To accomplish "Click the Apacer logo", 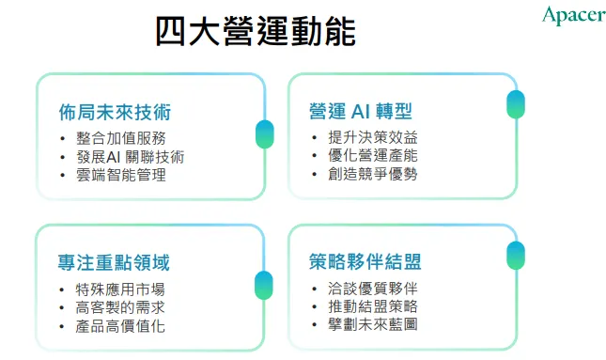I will [572, 15].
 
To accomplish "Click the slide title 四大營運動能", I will [255, 33].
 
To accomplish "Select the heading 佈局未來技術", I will [114, 113].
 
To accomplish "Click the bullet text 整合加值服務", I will [120, 138].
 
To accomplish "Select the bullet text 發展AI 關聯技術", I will [130, 156].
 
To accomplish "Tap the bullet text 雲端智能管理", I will [120, 175].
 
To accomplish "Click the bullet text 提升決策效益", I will [371, 138].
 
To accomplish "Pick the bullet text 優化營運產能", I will [371, 156].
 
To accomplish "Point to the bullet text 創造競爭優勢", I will [371, 175].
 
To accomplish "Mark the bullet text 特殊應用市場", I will [120, 290].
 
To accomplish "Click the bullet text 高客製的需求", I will [120, 307].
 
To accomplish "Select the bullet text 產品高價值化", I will [120, 326].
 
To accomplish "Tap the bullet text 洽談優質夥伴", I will [371, 290].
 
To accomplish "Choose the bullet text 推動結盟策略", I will [371, 307].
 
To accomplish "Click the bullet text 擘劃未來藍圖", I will [371, 326].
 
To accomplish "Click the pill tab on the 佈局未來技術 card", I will [264, 134].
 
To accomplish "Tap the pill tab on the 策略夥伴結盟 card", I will [515, 256].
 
